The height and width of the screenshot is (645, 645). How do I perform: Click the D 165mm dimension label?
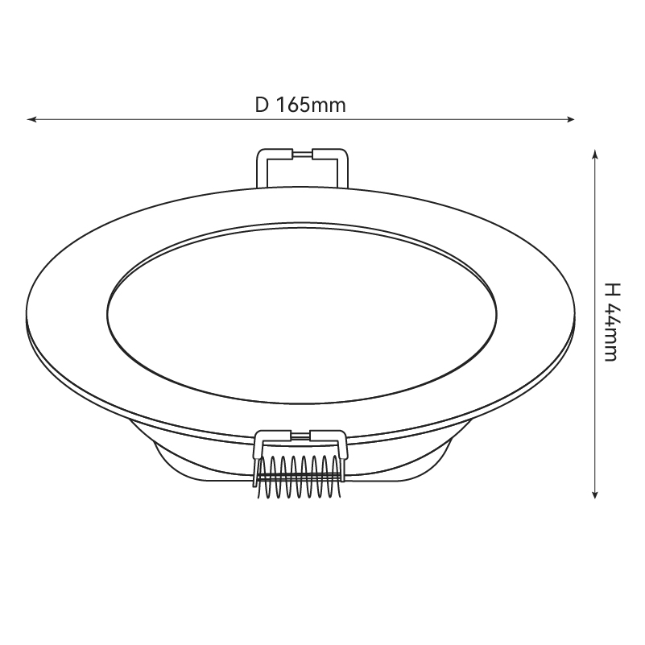pos(300,105)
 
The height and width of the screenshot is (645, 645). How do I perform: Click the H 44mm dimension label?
pos(611,322)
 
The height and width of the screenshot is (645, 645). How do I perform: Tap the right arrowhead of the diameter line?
pos(571,119)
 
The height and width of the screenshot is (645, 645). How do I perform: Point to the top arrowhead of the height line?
pos(594,154)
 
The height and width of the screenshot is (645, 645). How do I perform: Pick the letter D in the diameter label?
pos(262,105)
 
